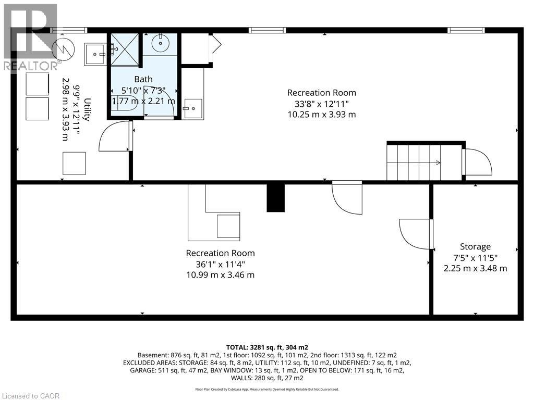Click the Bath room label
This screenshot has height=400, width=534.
143,79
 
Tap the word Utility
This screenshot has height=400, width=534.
87,109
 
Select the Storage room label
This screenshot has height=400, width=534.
475,246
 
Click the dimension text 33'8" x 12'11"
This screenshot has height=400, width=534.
321,103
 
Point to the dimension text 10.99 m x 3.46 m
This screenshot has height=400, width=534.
220,274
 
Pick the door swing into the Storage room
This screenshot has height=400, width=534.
416,234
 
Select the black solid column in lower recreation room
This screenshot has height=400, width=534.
275,197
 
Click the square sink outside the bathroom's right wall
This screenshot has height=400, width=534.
192,108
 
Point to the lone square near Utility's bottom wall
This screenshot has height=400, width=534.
74,164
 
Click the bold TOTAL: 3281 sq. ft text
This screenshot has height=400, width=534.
267,347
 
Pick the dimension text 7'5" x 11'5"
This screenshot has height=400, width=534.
475,258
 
